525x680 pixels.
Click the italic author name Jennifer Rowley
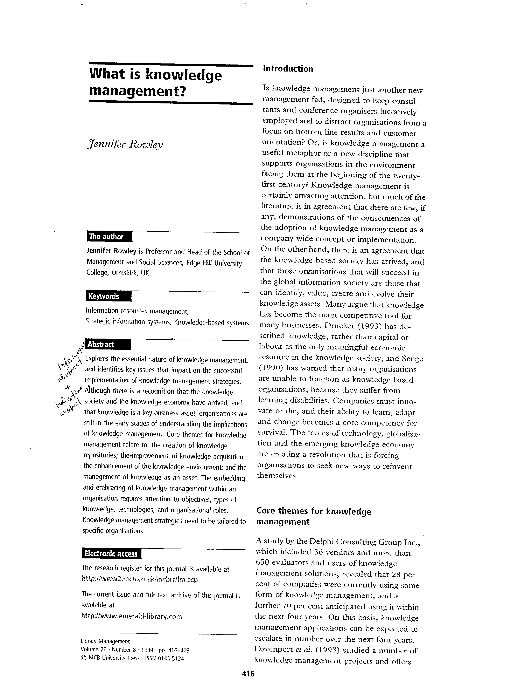(x=125, y=145)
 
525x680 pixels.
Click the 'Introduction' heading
(x=288, y=69)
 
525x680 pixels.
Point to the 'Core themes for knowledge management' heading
(x=314, y=517)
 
